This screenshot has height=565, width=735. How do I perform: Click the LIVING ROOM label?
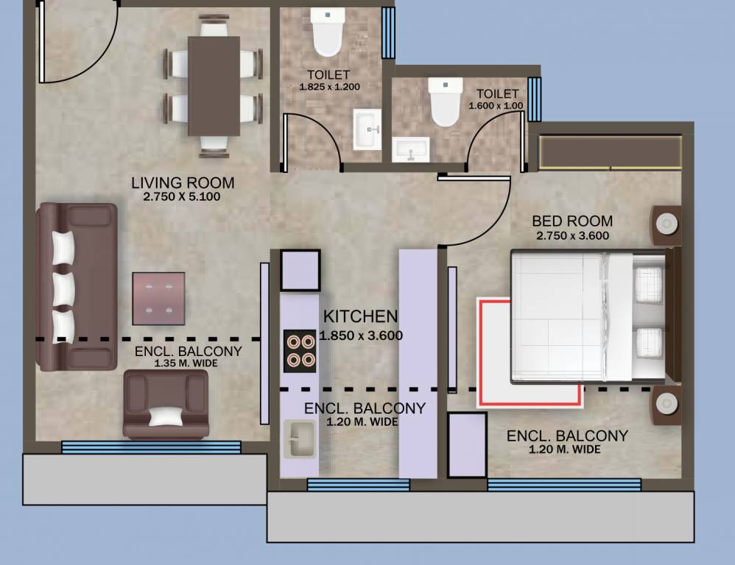183,182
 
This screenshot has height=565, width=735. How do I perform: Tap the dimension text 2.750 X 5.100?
182,196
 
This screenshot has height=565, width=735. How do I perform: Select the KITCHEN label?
360,316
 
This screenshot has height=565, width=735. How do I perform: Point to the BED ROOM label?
572,221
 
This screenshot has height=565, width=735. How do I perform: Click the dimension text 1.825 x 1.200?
329,87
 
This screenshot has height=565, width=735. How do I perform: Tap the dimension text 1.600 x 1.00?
496,106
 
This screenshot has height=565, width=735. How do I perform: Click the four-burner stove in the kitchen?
300,351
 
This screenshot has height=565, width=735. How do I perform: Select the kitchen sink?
299,439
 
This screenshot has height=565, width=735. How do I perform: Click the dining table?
214,85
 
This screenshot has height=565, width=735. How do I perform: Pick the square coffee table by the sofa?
158,299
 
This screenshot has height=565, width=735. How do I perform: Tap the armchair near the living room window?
166,405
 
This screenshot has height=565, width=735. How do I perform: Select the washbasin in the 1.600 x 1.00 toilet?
411,149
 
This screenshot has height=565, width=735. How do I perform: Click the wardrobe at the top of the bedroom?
611,152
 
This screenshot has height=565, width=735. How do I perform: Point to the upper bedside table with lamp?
666,225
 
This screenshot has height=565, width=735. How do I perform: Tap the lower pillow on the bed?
649,341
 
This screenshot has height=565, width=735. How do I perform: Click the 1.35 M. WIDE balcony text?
186,363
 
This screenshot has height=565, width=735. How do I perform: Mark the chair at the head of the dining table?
214,26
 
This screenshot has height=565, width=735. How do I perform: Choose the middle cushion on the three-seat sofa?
63,290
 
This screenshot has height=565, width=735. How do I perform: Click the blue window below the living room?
151,447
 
